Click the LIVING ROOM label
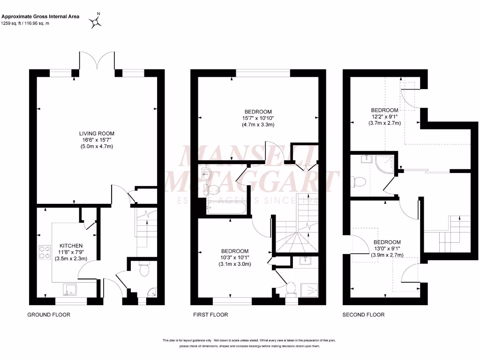pyautogui.click(x=97, y=133)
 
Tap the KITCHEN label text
pyautogui.click(x=71, y=246)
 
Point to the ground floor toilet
pyautogui.click(x=144, y=270)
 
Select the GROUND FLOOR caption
pyautogui.click(x=49, y=315)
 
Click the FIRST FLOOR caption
pyautogui.click(x=210, y=315)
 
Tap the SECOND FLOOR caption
pyautogui.click(x=363, y=315)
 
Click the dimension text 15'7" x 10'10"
pyautogui.click(x=258, y=118)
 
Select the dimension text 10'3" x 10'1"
pyautogui.click(x=235, y=257)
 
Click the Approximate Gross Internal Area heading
pyautogui.click(x=40, y=16)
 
